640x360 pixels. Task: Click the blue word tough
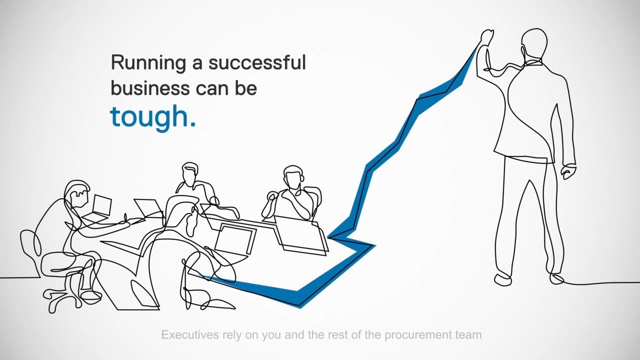tap(153, 117)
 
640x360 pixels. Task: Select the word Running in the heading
tap(148, 63)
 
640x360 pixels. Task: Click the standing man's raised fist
tap(487, 37)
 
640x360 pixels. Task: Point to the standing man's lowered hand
tap(568, 171)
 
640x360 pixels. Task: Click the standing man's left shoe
tap(503, 279)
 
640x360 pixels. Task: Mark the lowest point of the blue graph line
tap(300, 307)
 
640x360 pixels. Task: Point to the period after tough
tap(193, 124)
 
